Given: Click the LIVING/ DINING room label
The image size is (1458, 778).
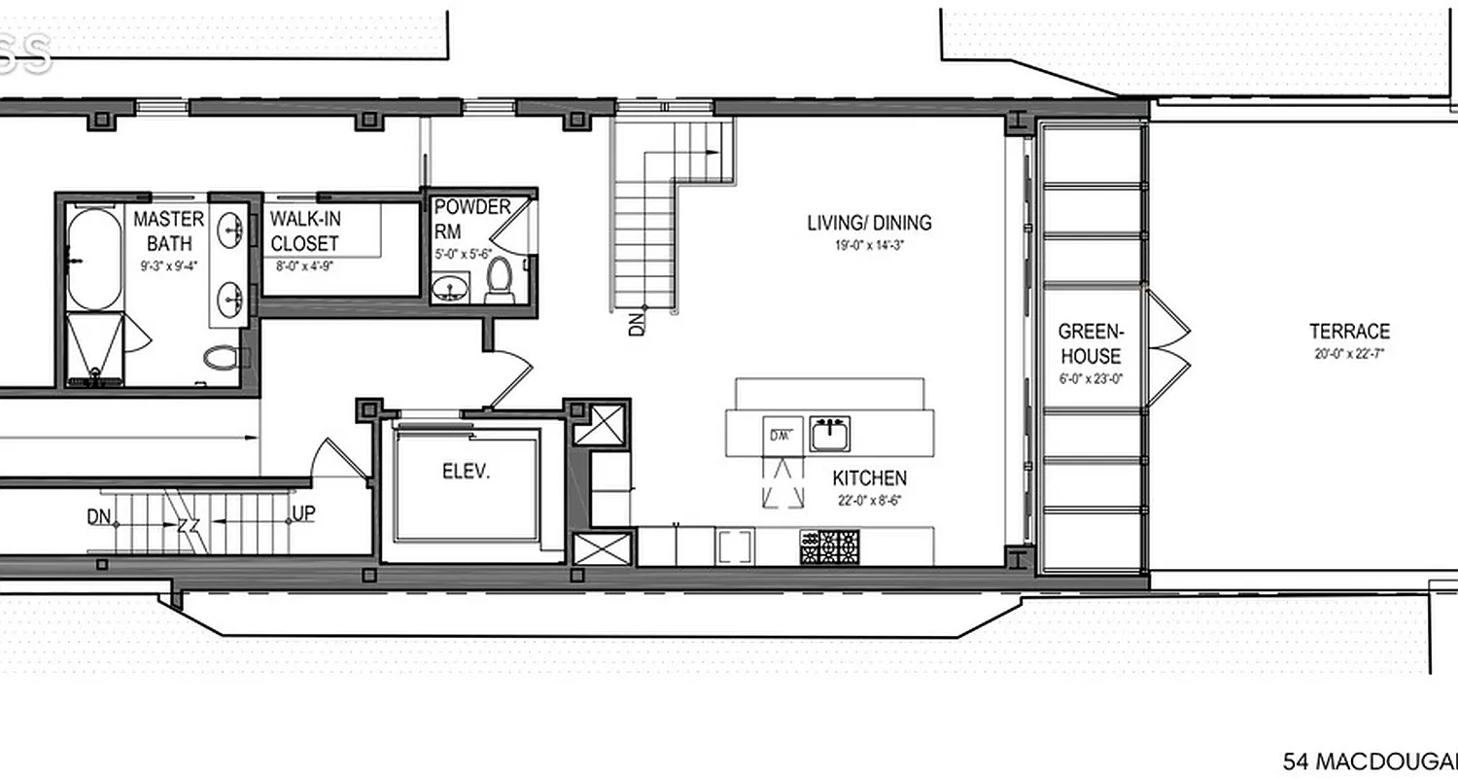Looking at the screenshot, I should click(869, 223).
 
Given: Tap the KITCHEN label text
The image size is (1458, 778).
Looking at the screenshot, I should click(870, 477).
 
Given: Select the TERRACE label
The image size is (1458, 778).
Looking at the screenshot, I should click(1349, 332).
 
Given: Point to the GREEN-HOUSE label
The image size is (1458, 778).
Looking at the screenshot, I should click(1090, 343).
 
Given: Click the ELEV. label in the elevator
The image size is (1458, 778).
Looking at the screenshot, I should click(466, 473).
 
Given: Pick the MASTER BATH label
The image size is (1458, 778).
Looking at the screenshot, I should click(169, 230).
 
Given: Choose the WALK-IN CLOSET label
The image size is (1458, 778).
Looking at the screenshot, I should click(305, 230).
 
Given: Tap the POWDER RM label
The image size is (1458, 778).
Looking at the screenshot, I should click(471, 219).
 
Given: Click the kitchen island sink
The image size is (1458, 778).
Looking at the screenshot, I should click(829, 433).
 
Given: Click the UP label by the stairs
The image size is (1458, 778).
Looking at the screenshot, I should click(303, 513).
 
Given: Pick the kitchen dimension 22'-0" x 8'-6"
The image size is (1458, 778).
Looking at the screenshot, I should click(870, 501).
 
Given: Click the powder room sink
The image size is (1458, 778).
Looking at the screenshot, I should click(450, 287).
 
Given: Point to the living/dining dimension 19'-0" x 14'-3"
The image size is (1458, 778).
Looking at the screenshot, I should click(869, 246).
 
